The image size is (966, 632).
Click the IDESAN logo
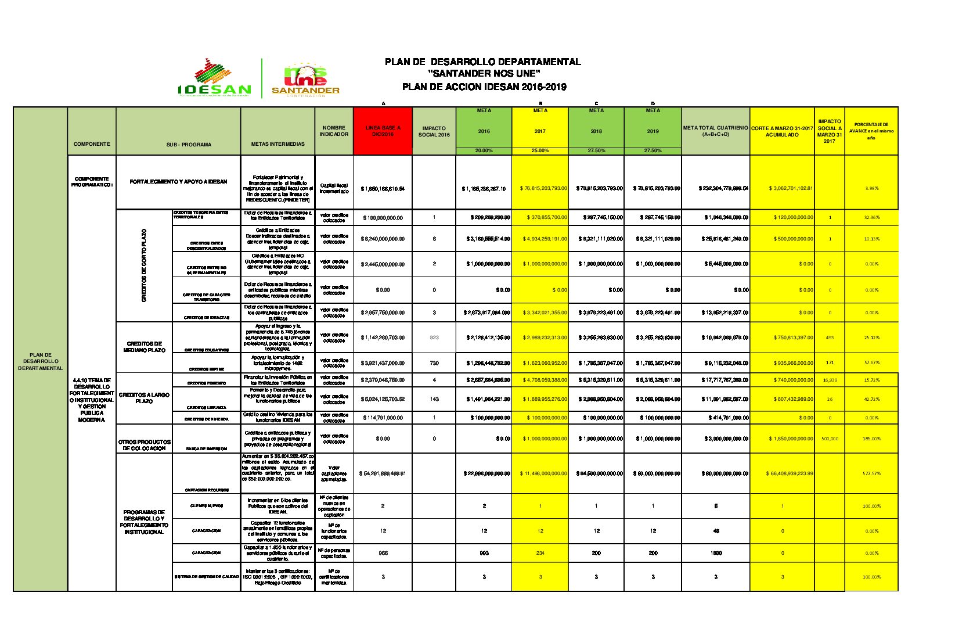point(214,78)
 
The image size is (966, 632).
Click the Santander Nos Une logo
point(305,79)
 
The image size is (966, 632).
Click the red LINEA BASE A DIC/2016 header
point(383,131)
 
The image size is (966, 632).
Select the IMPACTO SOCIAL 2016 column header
point(434,131)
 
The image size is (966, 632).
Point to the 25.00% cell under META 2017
point(540,151)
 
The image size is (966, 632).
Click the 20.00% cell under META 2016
point(484,151)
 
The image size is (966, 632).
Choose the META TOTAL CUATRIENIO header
point(715,131)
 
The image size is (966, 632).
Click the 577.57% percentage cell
point(871,473)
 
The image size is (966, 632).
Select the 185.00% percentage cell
point(871,439)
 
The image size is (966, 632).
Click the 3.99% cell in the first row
point(871,188)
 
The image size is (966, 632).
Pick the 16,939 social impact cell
point(830,380)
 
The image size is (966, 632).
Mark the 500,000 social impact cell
point(830,439)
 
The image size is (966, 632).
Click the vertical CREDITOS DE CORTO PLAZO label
point(144,265)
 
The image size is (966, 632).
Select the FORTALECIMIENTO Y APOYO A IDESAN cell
point(178,182)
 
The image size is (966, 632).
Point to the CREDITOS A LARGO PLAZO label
point(144,398)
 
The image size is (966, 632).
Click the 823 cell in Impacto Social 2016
point(434,337)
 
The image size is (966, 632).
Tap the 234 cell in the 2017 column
point(540,553)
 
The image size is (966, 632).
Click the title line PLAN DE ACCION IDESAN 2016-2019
point(484,87)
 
